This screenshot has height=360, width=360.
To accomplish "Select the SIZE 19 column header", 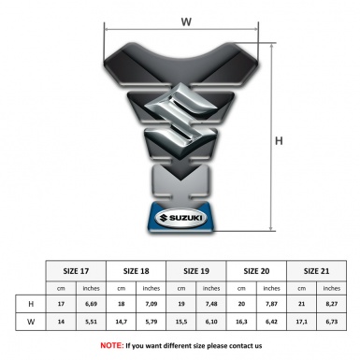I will pos(198,270).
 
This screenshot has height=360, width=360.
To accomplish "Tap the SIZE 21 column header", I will pos(319,270).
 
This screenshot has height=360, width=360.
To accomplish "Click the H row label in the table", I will pos(32,305).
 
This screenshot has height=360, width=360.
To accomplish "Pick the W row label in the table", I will pos(32,323).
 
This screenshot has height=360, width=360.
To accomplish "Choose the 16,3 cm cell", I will pos(243,323).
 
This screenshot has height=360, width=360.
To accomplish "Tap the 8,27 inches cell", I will pos(334,305).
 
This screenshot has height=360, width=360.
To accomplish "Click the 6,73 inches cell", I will pos(334,323).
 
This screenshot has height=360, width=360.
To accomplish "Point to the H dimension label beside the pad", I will pos(280,140).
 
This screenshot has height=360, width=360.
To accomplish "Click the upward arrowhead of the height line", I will pos(272,42).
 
